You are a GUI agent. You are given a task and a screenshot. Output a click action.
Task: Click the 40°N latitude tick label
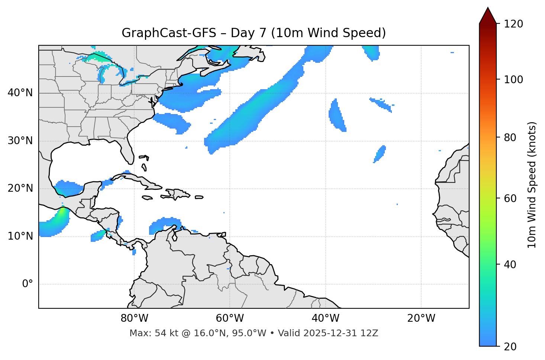click(20, 93)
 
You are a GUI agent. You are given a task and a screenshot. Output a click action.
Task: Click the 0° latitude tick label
click(28, 284)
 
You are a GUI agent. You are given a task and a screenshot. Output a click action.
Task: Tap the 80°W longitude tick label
click(134, 318)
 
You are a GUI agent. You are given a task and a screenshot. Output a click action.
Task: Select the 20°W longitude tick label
click(421, 318)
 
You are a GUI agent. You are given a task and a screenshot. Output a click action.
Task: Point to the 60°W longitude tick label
click(230, 318)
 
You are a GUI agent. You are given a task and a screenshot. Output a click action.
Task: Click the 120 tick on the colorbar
click(513, 24)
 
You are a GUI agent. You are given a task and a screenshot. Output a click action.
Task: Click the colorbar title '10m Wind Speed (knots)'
click(532, 185)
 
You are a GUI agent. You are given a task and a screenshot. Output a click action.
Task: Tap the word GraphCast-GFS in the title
click(169, 33)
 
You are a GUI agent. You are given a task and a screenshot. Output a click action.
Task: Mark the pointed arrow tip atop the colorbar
click(488, 8)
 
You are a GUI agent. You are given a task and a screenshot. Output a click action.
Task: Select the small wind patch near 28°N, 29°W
click(380, 153)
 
